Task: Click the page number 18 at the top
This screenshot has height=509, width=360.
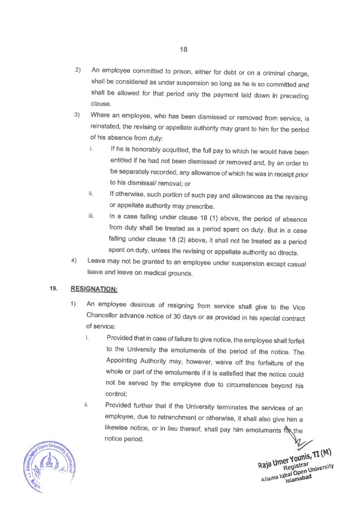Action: click(183, 50)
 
